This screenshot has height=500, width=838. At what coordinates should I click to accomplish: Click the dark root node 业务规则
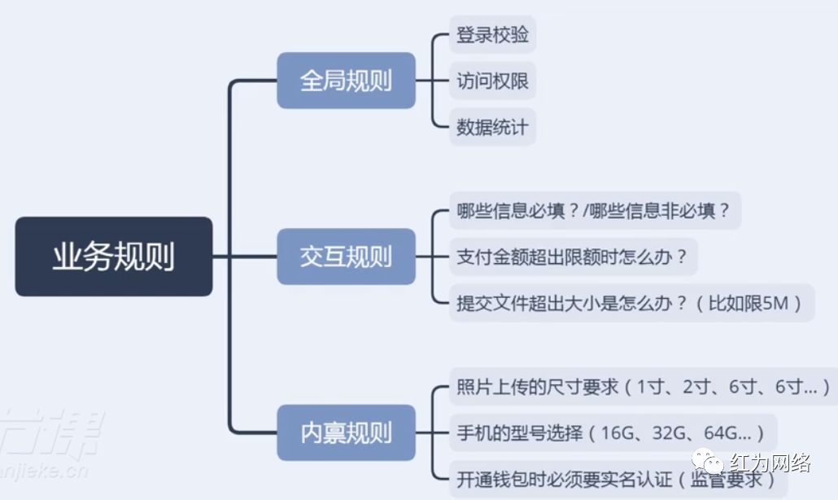click(x=114, y=257)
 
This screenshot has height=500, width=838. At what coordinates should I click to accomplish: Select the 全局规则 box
click(x=346, y=81)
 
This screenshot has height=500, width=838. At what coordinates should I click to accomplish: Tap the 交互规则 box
click(x=346, y=257)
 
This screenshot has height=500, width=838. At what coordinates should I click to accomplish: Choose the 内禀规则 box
click(x=346, y=432)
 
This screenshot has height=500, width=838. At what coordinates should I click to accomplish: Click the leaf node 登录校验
click(x=492, y=35)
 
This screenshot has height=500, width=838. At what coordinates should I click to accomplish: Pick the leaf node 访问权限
click(x=492, y=81)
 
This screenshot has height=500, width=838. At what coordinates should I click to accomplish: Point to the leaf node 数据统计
click(x=492, y=127)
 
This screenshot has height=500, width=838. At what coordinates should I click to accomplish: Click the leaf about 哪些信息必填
click(x=595, y=211)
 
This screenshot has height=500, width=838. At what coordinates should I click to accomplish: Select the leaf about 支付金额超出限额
click(x=573, y=257)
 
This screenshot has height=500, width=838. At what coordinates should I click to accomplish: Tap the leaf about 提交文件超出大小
click(x=631, y=303)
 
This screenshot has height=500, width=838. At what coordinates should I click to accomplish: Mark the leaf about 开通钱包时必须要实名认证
click(x=618, y=479)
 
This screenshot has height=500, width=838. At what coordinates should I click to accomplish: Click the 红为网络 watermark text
click(x=777, y=464)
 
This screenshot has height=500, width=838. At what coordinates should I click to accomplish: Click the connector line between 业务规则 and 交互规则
click(x=244, y=257)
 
